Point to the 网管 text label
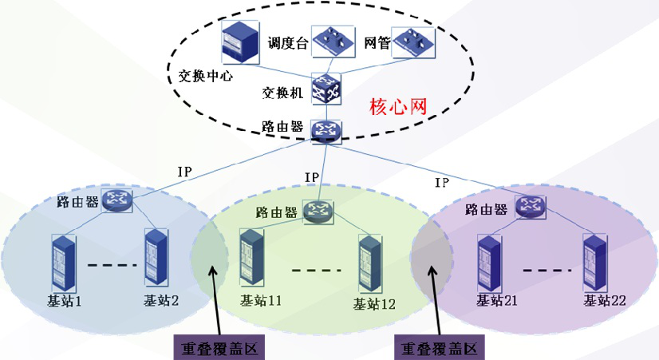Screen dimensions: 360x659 (377, 42)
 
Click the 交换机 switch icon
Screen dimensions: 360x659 (326, 89)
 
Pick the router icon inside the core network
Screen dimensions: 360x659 (326, 130)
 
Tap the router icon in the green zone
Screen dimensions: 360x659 (319, 212)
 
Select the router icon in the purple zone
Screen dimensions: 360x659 (529, 208)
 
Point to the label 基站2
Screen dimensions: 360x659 (160, 301)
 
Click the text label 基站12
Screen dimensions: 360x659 (373, 303)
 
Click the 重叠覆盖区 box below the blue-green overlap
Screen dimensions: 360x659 (219, 348)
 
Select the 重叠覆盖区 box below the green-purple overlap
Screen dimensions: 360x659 (440, 348)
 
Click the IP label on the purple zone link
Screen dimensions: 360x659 (442, 183)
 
